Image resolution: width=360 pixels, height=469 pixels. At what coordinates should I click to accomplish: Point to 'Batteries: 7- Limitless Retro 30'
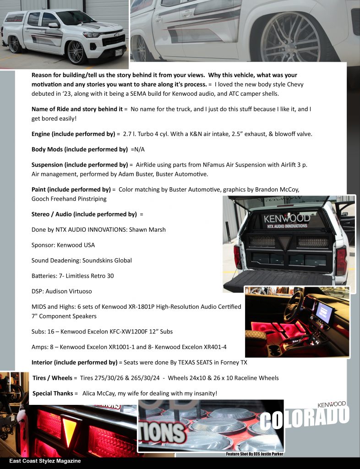[72, 276]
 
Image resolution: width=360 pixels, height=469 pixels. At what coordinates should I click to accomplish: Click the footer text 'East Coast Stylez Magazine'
[45, 461]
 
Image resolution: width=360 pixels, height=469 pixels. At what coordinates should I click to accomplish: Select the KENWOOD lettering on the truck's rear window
[287, 218]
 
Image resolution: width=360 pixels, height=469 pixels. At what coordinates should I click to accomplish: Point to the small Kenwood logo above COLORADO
[332, 404]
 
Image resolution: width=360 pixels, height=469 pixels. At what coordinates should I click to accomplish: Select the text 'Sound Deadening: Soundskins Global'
[82, 261]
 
